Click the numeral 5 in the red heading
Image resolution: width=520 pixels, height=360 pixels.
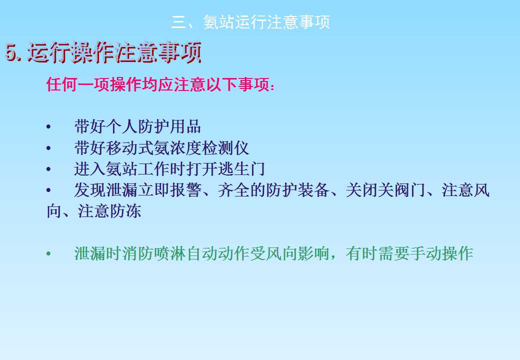(12, 53)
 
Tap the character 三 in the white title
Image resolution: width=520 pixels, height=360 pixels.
(179, 22)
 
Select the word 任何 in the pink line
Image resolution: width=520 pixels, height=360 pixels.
(61, 84)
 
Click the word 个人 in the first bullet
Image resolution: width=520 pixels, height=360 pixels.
(122, 126)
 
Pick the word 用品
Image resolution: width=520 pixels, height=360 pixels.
(185, 126)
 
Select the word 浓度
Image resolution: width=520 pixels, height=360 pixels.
(185, 148)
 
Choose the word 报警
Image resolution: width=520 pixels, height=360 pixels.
(185, 190)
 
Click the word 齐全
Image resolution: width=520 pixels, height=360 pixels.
(233, 190)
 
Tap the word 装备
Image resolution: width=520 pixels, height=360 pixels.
(312, 190)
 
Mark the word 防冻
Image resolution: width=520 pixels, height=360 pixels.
(125, 211)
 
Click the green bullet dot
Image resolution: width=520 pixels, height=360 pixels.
(48, 254)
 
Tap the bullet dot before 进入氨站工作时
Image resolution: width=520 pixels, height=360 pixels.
(48, 169)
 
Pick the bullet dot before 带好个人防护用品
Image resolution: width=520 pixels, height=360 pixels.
(48, 127)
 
